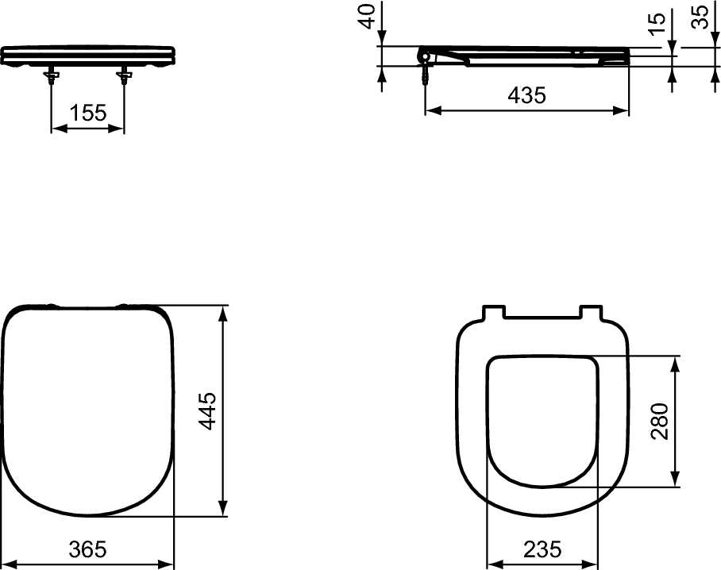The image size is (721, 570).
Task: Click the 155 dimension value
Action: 87,113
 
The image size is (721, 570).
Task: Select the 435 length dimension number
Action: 527,95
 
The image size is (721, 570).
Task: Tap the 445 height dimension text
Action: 207,410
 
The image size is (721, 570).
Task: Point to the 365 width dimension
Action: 87,549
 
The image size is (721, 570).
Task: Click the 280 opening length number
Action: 658,421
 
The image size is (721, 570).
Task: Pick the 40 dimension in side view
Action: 367,17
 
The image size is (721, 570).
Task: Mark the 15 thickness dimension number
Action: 656,25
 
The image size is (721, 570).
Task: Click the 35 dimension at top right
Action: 700,17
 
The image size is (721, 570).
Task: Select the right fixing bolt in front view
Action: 124,77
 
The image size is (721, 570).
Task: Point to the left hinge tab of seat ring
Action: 492,310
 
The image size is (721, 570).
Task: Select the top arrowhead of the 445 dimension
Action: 224,311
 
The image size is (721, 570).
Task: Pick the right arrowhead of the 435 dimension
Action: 623,110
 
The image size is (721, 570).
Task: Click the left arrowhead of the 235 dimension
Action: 492,564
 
